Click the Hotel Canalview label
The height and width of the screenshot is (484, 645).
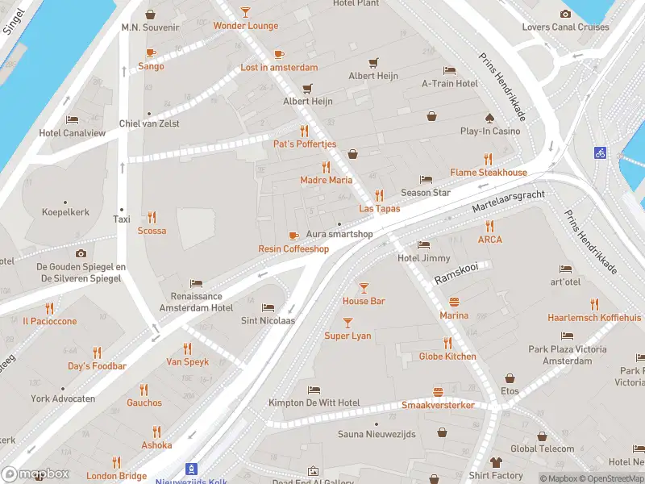tap(72, 133)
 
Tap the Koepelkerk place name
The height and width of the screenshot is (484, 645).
tap(65, 212)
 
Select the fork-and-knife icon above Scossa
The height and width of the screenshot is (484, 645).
tap(152, 217)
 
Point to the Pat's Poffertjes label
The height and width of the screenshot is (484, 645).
tap(304, 144)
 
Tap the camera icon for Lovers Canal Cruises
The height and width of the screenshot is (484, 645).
tap(565, 14)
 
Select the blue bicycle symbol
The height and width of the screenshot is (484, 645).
tap(600, 152)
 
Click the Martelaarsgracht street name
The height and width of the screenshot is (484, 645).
tap(509, 202)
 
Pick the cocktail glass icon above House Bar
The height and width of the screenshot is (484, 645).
tap(364, 287)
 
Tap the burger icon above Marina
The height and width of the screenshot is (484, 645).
tap(454, 302)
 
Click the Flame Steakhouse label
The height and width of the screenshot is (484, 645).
tap(488, 173)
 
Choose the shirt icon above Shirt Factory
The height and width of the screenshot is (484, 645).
tap(496, 462)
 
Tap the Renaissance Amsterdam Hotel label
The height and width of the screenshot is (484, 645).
tap(196, 302)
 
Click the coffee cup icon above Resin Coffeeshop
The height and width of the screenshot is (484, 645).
tap(293, 236)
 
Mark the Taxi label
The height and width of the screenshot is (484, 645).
tap(122, 219)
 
